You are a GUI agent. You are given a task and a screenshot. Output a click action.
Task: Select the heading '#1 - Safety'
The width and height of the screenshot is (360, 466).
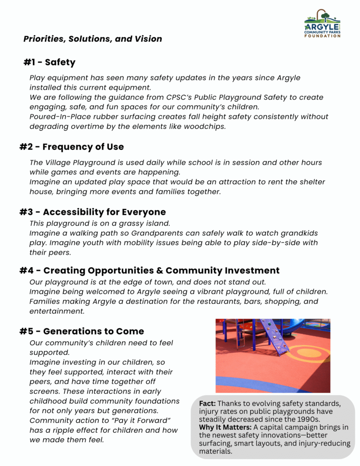click(x=50, y=62)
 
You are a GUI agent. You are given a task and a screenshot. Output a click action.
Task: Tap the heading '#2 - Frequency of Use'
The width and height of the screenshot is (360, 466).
click(x=71, y=147)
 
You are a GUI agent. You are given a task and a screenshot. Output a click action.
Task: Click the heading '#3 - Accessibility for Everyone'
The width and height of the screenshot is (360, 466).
click(x=92, y=212)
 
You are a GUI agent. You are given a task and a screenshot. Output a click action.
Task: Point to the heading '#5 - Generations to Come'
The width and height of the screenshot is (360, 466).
click(x=82, y=331)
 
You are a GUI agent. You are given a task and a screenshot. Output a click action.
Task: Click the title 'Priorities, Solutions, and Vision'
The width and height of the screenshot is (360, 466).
click(x=93, y=39)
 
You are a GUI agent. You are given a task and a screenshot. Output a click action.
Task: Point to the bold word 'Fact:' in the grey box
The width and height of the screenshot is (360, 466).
click(x=207, y=404)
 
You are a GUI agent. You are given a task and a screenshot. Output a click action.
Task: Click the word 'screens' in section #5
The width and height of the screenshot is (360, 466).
click(x=46, y=391)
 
